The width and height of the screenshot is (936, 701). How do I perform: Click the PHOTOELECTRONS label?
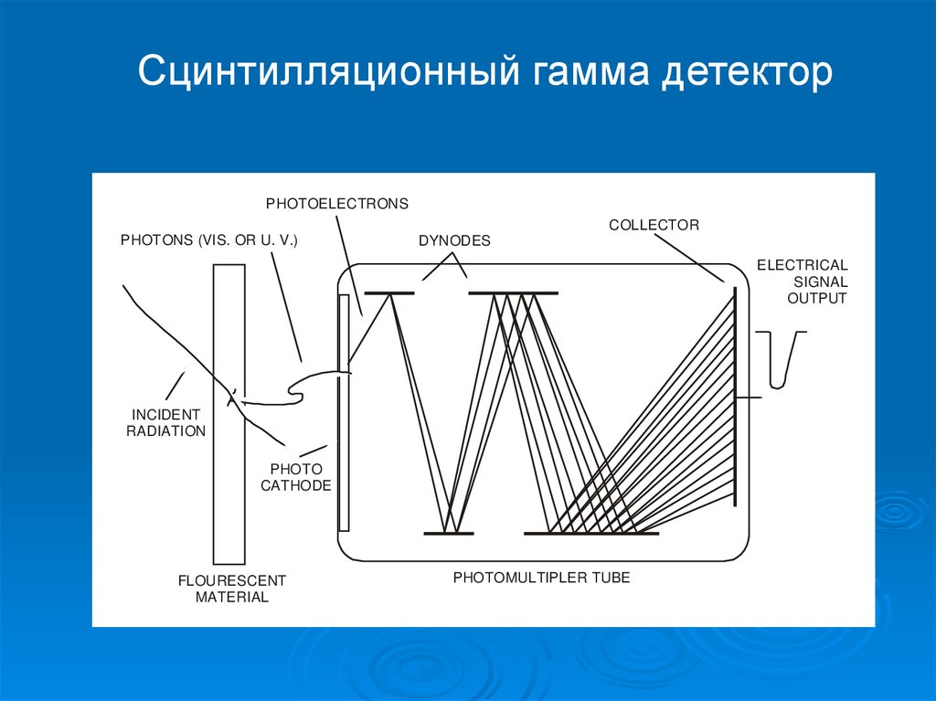pyautogui.click(x=337, y=203)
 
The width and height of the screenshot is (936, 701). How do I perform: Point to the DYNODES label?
pyautogui.click(x=454, y=241)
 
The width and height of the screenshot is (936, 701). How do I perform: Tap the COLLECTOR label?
pyautogui.click(x=654, y=225)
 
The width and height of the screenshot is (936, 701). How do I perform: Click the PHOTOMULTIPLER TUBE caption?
pyautogui.click(x=542, y=578)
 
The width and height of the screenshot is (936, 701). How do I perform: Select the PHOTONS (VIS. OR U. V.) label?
pyautogui.click(x=209, y=240)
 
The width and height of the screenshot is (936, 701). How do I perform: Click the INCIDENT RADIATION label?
pyautogui.click(x=165, y=423)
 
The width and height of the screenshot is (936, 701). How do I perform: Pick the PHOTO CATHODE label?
pyautogui.click(x=295, y=477)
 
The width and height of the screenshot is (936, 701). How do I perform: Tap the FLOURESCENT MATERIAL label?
pyautogui.click(x=231, y=589)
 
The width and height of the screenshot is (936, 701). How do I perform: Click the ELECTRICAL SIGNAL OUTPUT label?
pyautogui.click(x=802, y=281)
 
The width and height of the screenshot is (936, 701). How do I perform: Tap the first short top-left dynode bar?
pyautogui.click(x=389, y=293)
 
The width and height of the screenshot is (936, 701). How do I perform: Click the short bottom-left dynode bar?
pyautogui.click(x=449, y=533)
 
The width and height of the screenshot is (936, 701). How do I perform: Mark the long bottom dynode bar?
pyautogui.click(x=590, y=533)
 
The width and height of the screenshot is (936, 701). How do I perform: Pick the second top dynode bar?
pyautogui.click(x=513, y=293)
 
